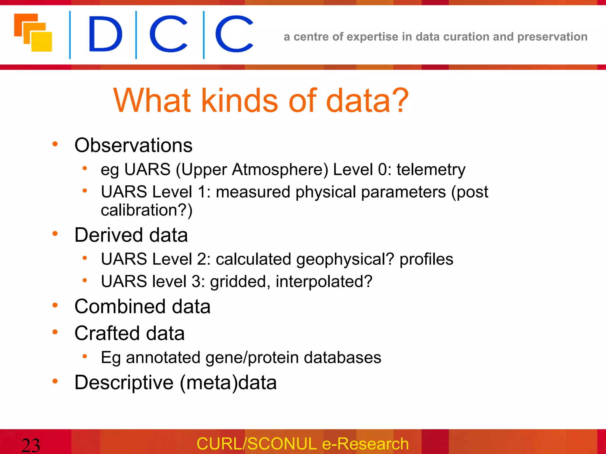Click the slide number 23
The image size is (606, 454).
click(x=30, y=445)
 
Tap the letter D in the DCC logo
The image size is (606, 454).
click(x=105, y=34)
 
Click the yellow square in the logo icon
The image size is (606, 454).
click(x=42, y=41)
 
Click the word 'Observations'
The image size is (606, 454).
click(x=133, y=145)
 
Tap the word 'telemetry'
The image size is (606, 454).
click(x=431, y=170)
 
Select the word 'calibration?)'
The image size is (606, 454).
click(x=147, y=210)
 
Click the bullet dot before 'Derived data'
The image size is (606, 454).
click(x=55, y=234)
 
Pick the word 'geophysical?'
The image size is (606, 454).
click(x=345, y=259)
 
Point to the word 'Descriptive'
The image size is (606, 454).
click(x=124, y=383)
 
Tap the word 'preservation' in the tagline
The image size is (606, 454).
click(x=552, y=37)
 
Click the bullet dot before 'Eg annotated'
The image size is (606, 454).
click(x=85, y=356)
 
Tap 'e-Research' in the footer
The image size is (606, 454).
click(x=365, y=444)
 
